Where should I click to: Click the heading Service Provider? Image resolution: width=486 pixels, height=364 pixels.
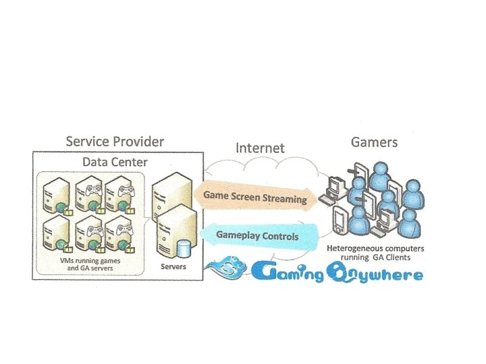(x=115, y=142)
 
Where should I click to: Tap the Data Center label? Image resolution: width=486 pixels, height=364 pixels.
(x=115, y=162)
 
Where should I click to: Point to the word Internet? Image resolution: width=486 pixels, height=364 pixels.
(x=259, y=148)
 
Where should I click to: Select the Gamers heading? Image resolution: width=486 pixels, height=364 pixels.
(x=374, y=142)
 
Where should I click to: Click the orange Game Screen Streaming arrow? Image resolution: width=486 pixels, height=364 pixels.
(x=255, y=197)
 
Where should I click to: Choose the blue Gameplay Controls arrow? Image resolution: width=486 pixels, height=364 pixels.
(x=256, y=236)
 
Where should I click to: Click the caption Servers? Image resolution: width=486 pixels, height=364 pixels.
(x=173, y=267)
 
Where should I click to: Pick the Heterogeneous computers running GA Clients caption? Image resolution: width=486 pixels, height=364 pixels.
(x=375, y=252)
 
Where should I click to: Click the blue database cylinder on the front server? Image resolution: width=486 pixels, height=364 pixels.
(x=182, y=249)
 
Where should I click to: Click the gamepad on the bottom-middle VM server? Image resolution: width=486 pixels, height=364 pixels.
(x=92, y=229)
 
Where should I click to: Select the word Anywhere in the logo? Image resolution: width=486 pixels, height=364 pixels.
(x=378, y=274)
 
